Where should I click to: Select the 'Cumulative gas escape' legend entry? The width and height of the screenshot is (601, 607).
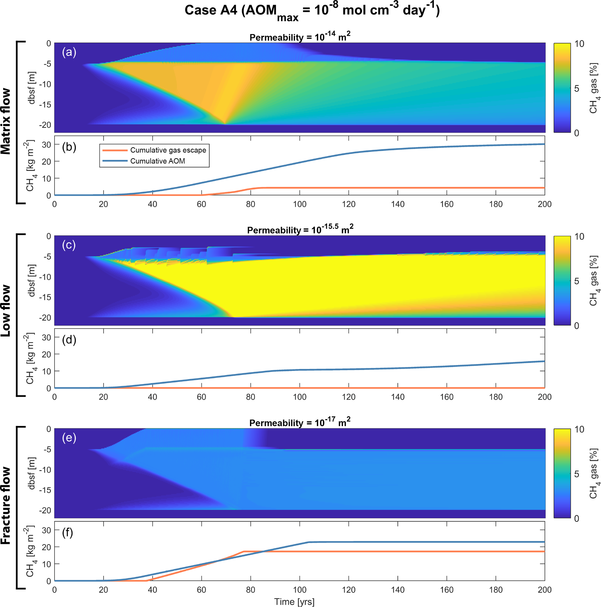(168, 150)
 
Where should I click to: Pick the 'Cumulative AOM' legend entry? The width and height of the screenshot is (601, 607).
(157, 161)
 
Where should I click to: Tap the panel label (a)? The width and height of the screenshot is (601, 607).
(69, 52)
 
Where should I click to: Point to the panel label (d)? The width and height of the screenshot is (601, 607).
(69, 340)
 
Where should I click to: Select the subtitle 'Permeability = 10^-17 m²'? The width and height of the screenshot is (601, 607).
(300, 423)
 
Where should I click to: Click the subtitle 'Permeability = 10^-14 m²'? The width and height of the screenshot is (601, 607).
(300, 37)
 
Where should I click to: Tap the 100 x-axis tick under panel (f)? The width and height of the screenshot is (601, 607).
(299, 590)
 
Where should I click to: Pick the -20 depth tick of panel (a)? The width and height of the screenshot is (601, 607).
(45, 125)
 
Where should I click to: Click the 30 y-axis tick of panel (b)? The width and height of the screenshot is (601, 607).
(47, 144)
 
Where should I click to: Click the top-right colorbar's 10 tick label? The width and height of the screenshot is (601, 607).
(579, 44)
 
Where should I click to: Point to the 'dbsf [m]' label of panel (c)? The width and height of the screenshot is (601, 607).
(32, 281)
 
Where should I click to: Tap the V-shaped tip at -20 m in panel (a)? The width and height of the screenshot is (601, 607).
(225, 124)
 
